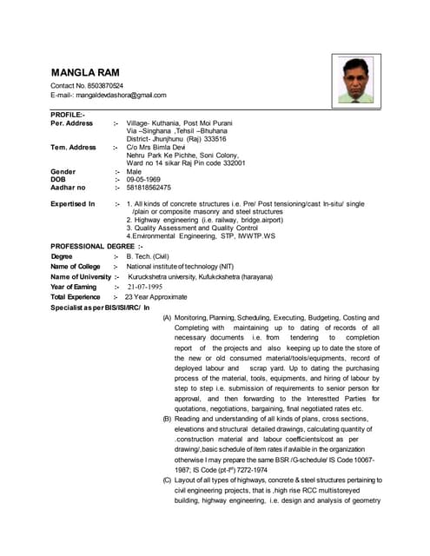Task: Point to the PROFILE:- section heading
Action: pyautogui.click(x=68, y=115)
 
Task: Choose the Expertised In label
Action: pyautogui.click(x=73, y=203)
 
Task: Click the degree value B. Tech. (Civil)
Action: pyautogui.click(x=147, y=256)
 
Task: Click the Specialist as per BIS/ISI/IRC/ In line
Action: pyautogui.click(x=100, y=308)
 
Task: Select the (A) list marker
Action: pyautogui.click(x=167, y=318)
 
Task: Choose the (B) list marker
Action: pyautogui.click(x=167, y=420)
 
